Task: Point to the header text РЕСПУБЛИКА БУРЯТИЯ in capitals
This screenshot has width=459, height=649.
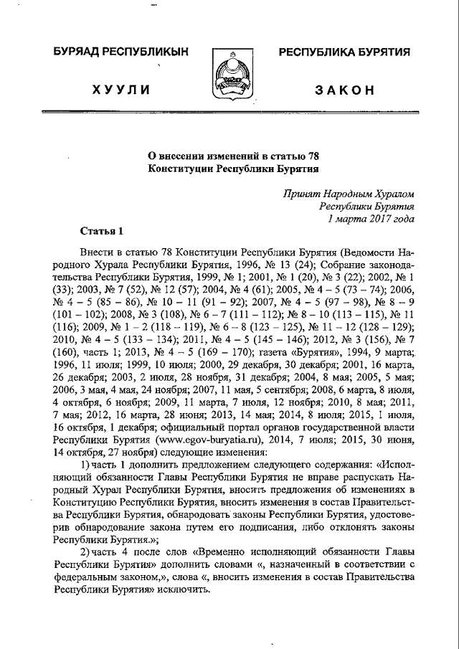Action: click(344, 52)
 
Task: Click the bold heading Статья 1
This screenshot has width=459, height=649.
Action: click(101, 230)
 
